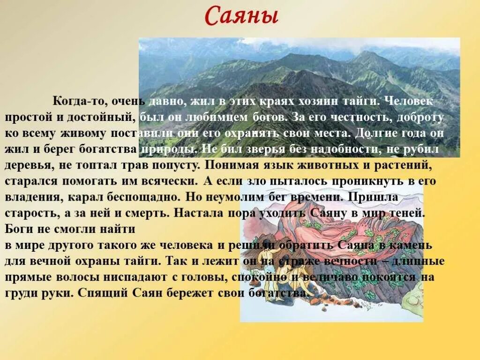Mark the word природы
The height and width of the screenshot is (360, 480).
[x=165, y=150]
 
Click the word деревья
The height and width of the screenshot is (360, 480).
[x=29, y=165]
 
